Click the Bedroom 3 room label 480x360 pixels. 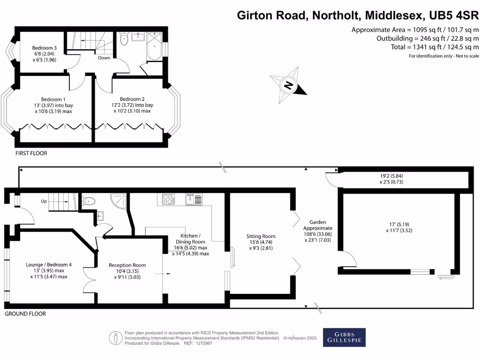pos(45,48)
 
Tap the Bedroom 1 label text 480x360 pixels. pos(53,99)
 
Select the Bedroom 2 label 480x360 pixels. pos(132,99)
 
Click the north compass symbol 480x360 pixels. pos(289,85)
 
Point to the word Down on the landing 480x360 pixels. pos(104,58)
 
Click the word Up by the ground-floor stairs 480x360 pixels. pos(44,201)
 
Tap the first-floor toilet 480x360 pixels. pos(124,39)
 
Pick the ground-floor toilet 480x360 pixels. pos(89,202)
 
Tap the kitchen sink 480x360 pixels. pos(194,200)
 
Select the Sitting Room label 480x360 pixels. pos(261,236)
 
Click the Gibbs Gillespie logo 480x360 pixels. pos(344,337)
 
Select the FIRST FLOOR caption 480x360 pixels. pos(31,153)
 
